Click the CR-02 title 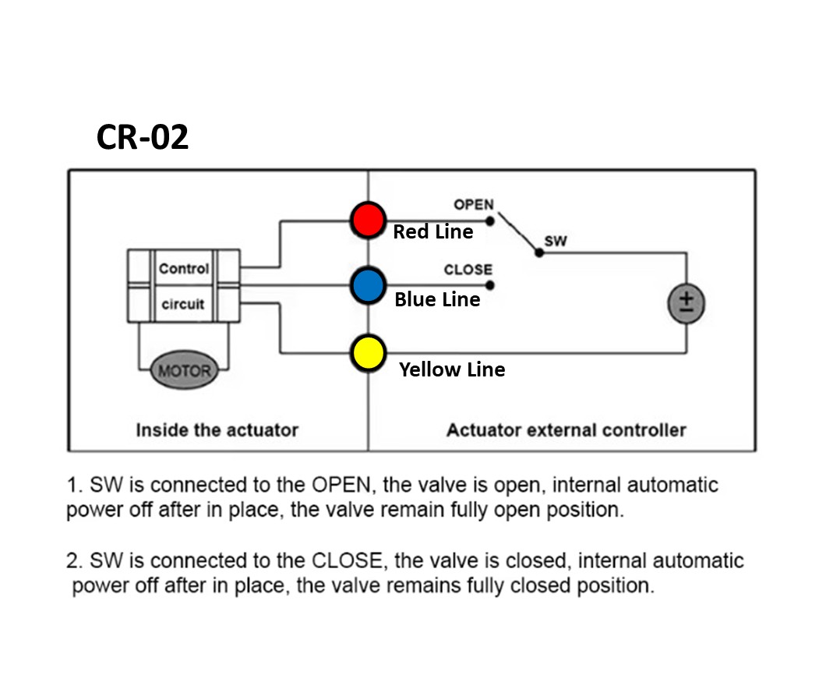pos(143,138)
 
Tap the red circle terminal pos(368,220)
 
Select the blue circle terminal pos(368,286)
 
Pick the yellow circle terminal pos(368,353)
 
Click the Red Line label pos(432,232)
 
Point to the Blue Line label pos(437,300)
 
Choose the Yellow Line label pos(452,369)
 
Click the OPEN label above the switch pos(474,205)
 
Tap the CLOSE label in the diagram pos(468,270)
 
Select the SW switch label pos(556,242)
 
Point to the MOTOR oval pos(184,371)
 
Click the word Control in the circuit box pos(184,269)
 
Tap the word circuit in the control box pos(183,304)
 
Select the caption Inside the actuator pos(217,429)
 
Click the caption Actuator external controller pos(566,429)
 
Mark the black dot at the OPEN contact pos(490,221)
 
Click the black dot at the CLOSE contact pos(490,285)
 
